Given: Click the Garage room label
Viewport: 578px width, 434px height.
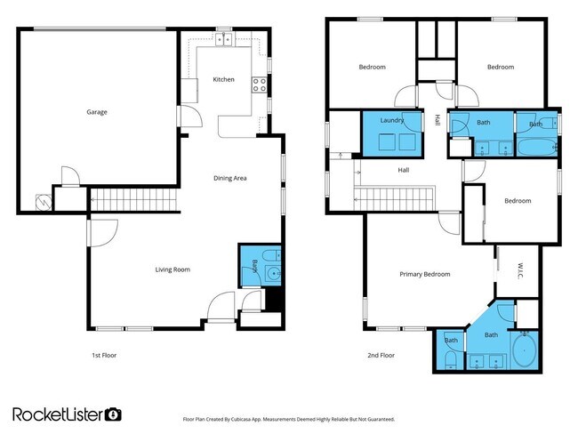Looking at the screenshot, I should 97,112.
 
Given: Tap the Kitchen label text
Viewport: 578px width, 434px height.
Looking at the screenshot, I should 223,80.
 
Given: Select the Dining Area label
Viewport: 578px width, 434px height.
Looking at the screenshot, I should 229,178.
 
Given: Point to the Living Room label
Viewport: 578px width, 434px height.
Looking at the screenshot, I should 173,269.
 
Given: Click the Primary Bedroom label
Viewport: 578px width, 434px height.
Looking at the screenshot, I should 423,275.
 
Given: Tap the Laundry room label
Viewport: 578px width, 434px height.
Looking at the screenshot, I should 392,119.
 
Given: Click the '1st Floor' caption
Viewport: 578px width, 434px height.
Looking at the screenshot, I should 104,355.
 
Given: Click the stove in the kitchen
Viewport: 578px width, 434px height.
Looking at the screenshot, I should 261,85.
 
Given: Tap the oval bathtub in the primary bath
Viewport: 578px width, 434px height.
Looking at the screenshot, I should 524,352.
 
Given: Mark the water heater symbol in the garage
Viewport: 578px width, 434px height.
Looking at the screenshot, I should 41,202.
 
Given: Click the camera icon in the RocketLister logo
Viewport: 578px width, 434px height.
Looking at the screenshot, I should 113,414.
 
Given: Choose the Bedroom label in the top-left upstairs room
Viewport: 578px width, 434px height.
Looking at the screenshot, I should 372,68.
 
